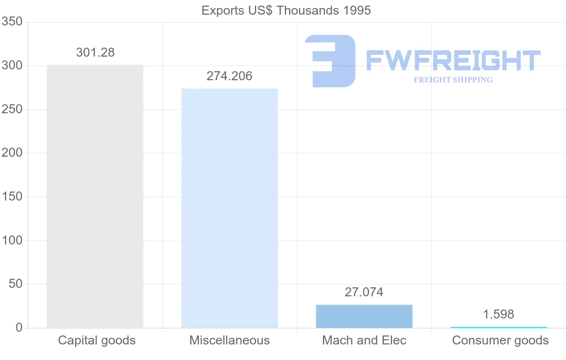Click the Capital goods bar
[x=95, y=196]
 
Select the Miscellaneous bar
[x=229, y=208]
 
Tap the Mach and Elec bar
[x=364, y=316]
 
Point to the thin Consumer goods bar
[x=499, y=327]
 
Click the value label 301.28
[x=95, y=52]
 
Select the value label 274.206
[x=229, y=76]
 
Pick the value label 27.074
[x=364, y=292]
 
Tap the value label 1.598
[x=499, y=314]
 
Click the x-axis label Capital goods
[x=97, y=340]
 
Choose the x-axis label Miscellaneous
[x=229, y=340]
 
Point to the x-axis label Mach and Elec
[x=364, y=340]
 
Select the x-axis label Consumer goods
[x=500, y=340]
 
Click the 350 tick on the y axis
[x=12, y=22]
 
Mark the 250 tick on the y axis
[x=12, y=109]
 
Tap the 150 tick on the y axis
[x=12, y=197]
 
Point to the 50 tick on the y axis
[x=16, y=284]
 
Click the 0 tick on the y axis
[x=19, y=327]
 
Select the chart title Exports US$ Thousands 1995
[x=286, y=10]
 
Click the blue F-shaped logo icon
[x=330, y=60]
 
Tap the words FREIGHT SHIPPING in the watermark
[x=453, y=80]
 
